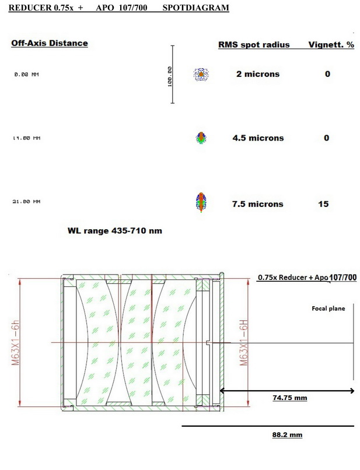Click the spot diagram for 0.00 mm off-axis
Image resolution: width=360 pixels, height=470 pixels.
tap(201, 74)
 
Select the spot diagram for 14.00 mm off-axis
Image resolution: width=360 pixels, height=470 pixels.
tap(201, 138)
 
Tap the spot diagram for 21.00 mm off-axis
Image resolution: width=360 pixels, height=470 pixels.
tap(201, 202)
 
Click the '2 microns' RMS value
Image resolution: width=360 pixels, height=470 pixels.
tap(258, 74)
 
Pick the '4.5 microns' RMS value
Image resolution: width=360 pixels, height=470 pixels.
tap(258, 138)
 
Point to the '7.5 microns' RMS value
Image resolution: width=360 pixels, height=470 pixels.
tap(258, 204)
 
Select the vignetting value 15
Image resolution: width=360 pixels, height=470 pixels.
tap(323, 204)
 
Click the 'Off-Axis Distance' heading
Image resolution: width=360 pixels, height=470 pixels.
tap(50, 43)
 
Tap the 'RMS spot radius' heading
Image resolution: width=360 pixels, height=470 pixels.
tap(254, 45)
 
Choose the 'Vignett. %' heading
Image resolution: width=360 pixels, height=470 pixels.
tap(331, 45)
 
